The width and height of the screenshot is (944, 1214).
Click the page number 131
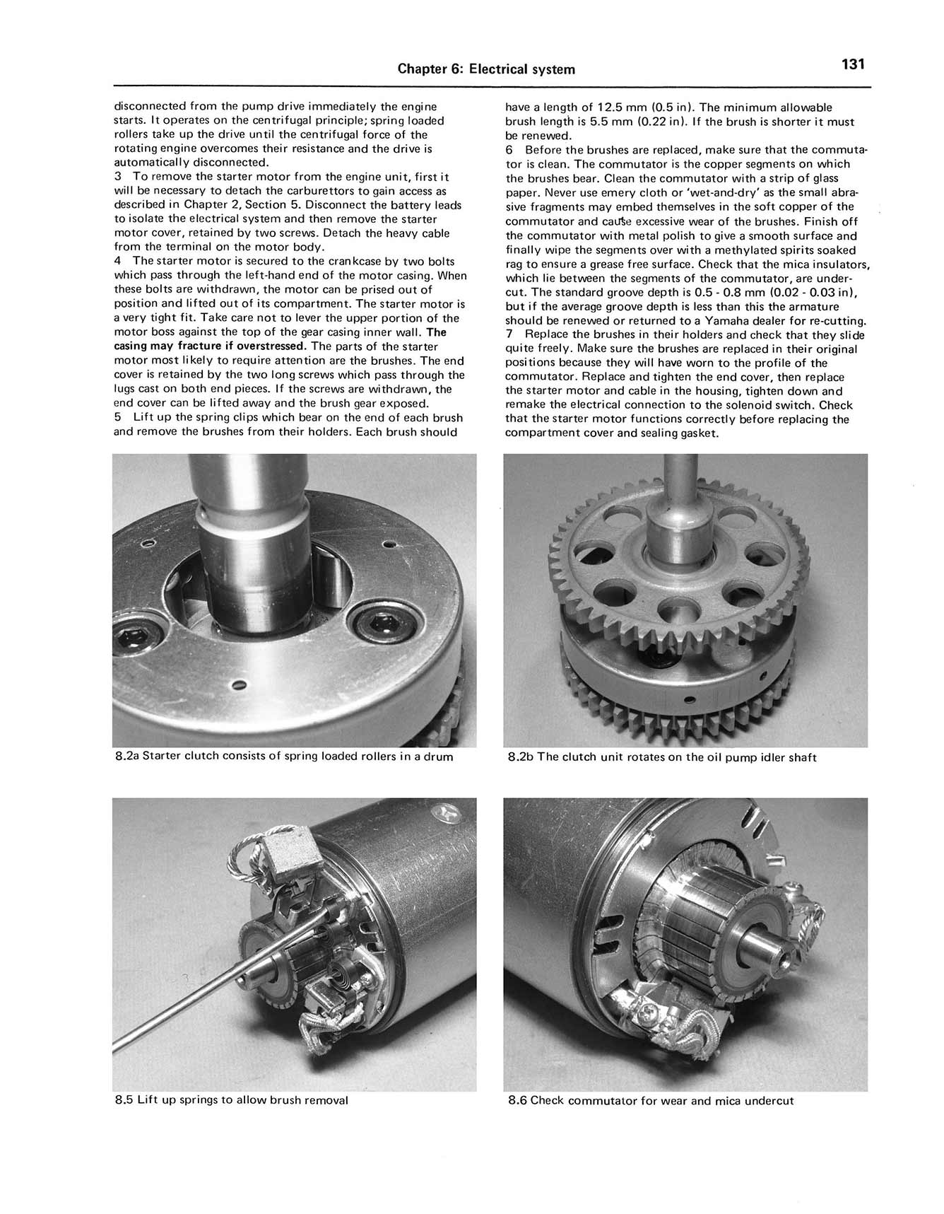(853, 65)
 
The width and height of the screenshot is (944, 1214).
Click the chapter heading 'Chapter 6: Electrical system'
(486, 69)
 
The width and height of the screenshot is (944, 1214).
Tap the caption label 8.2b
(521, 757)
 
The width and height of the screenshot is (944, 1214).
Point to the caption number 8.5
(124, 1100)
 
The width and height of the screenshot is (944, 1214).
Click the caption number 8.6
(517, 1101)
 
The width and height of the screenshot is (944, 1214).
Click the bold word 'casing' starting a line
(131, 346)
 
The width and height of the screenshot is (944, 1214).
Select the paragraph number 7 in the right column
(509, 335)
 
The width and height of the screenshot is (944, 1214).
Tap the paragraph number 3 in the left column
(118, 177)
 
